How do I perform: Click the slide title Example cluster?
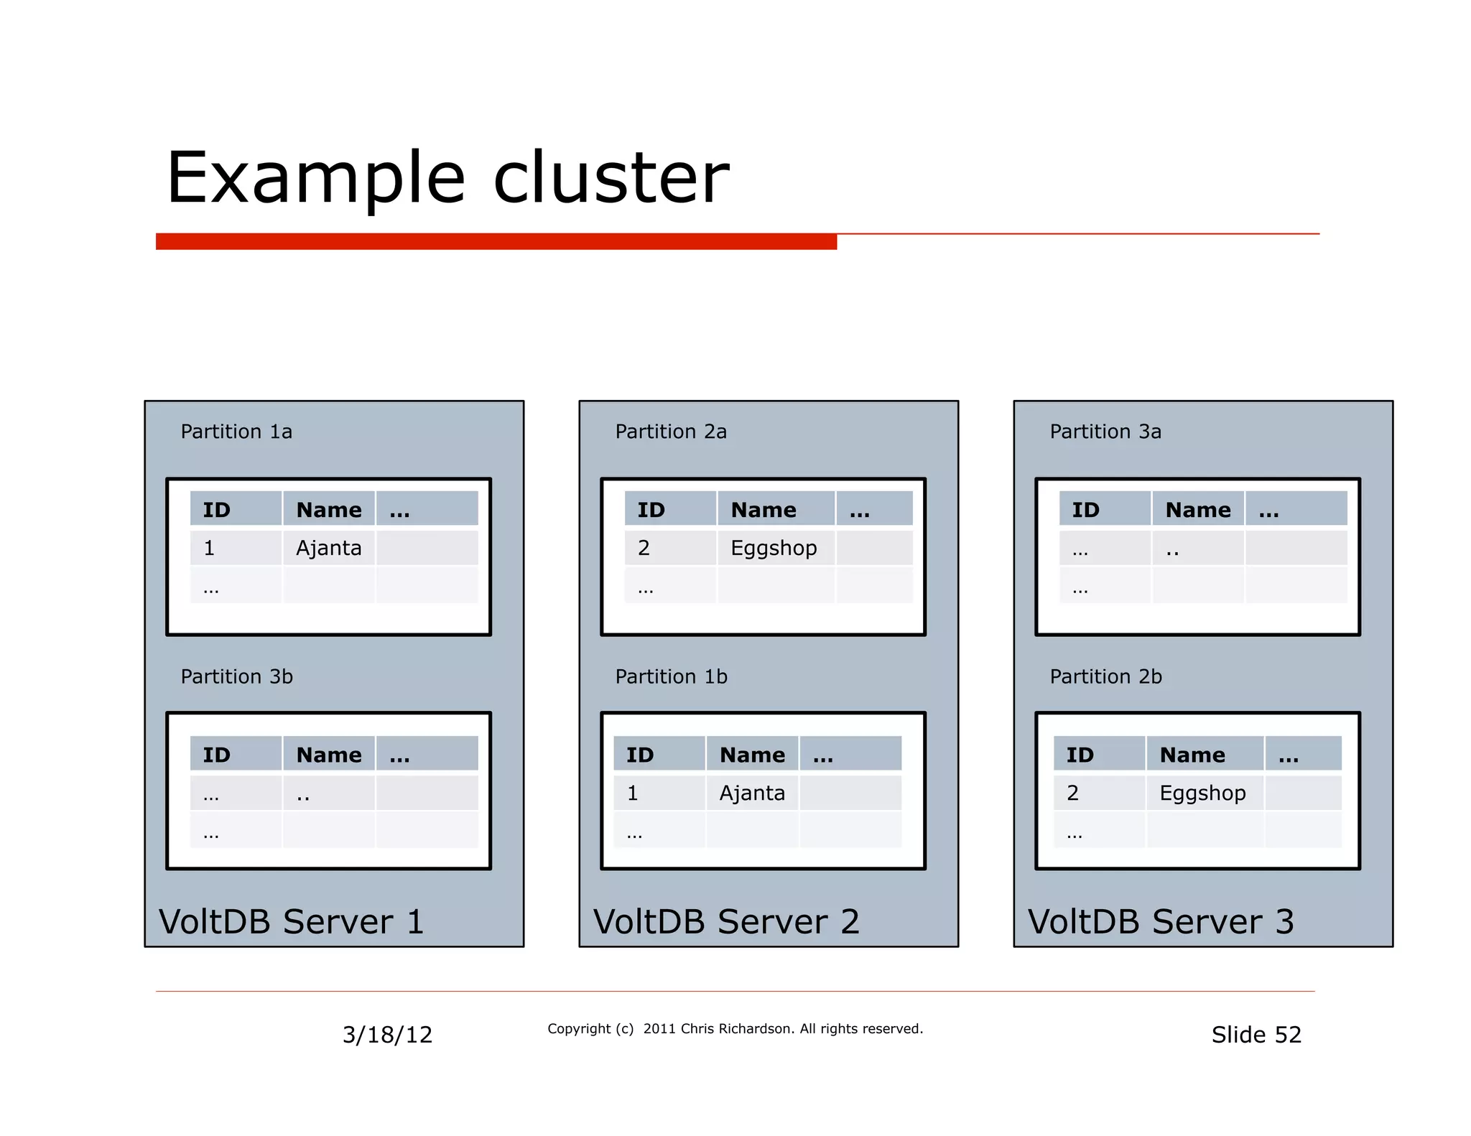tap(447, 177)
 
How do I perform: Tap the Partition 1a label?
tap(236, 432)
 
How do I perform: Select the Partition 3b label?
tap(236, 676)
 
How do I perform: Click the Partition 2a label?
tap(671, 432)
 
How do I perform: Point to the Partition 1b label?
tap(671, 676)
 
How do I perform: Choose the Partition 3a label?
tap(1105, 432)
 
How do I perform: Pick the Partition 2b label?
tap(1105, 676)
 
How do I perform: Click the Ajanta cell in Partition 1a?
tap(328, 548)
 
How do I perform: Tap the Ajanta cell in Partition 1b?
tap(752, 793)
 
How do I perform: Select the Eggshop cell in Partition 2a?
tap(774, 548)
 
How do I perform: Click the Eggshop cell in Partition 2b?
tap(1202, 793)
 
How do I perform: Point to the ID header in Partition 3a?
tap(1085, 510)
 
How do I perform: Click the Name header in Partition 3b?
tap(329, 755)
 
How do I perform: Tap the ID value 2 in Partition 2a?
tap(644, 548)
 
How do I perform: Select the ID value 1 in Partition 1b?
tap(632, 793)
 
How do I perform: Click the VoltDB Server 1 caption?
tap(291, 921)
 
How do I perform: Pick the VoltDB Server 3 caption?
tap(1160, 921)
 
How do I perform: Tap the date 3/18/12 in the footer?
tap(387, 1035)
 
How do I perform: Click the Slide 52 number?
tap(1256, 1035)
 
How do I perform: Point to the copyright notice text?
tap(735, 1029)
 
